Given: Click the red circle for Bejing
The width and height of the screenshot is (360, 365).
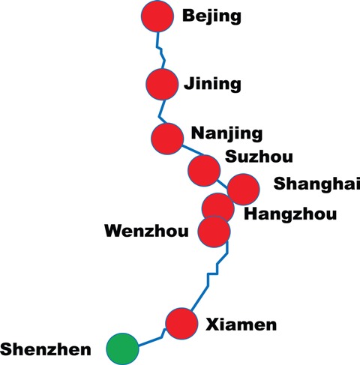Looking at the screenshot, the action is pyautogui.click(x=157, y=16).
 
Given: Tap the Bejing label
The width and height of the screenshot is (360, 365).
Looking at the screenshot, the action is pyautogui.click(x=211, y=16).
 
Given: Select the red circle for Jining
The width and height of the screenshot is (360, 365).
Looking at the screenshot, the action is pyautogui.click(x=162, y=84).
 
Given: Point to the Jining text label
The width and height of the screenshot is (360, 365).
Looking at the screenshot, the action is pyautogui.click(x=212, y=85).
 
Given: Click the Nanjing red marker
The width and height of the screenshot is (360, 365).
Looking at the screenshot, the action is pyautogui.click(x=167, y=139).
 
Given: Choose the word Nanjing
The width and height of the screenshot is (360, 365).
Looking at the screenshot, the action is pyautogui.click(x=226, y=133).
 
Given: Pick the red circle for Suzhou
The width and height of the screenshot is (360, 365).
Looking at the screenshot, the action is pyautogui.click(x=204, y=170).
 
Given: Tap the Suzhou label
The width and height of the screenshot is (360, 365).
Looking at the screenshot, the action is pyautogui.click(x=259, y=157).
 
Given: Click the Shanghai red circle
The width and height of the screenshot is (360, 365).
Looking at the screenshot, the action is pyautogui.click(x=243, y=189).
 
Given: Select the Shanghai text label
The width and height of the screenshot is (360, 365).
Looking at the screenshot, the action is pyautogui.click(x=316, y=184).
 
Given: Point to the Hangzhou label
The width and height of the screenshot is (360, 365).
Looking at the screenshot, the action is pyautogui.click(x=290, y=214).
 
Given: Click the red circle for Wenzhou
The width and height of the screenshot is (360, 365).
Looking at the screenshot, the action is pyautogui.click(x=214, y=232).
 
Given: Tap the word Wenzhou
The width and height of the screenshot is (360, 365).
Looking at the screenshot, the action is pyautogui.click(x=146, y=231).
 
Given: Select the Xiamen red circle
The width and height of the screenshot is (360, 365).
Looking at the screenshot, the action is pyautogui.click(x=181, y=324).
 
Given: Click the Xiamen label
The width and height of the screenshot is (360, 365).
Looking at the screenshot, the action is pyautogui.click(x=241, y=325).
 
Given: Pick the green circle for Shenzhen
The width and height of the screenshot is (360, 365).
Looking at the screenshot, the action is pyautogui.click(x=122, y=349).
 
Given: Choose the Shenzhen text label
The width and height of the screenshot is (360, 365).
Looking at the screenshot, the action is pyautogui.click(x=46, y=349).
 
